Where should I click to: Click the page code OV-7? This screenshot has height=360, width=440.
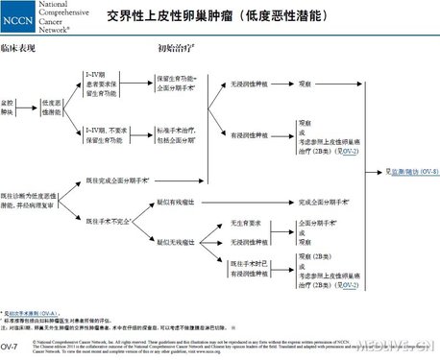click(x=11, y=345)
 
